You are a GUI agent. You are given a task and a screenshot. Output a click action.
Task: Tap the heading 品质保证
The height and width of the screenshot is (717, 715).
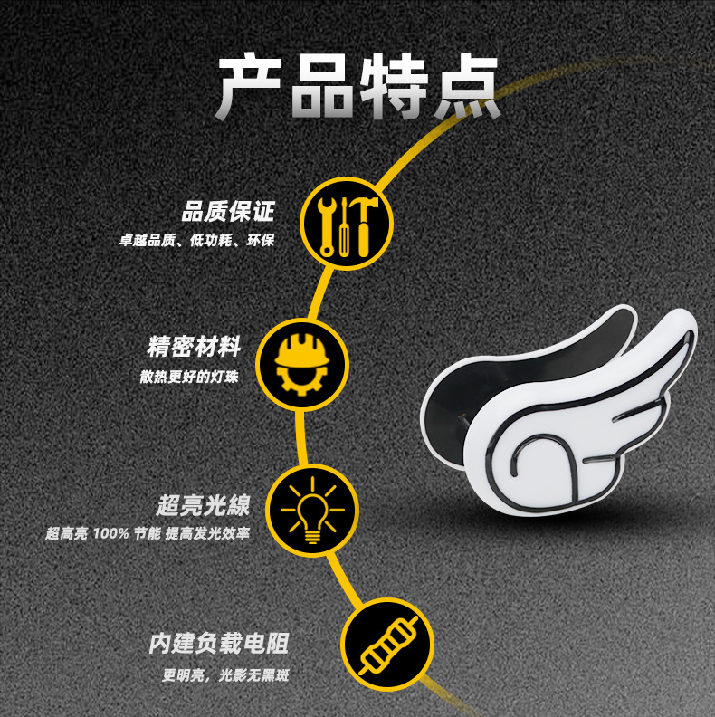click(227, 213)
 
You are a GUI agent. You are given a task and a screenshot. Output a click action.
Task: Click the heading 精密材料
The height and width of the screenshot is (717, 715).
click(194, 347)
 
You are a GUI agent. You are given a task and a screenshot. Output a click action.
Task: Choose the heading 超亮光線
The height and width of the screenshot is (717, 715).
click(203, 504)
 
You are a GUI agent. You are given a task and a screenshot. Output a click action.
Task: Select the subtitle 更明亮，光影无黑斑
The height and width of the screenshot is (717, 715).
click(225, 675)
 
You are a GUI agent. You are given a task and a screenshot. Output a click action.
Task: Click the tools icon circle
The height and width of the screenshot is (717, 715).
click(347, 223)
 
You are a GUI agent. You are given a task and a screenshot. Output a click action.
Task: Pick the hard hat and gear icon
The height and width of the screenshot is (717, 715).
click(302, 363)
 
